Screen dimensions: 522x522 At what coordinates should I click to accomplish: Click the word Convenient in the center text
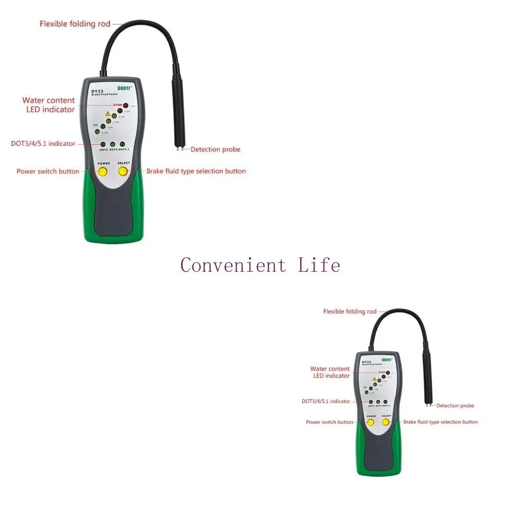[x=233, y=265]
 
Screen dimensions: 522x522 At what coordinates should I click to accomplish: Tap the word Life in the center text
[x=319, y=265]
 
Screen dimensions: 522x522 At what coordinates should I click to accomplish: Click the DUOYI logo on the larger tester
[x=124, y=88]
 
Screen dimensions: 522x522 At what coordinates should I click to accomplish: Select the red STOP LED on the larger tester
[x=125, y=106]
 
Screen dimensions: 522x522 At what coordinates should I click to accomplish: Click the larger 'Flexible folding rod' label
[x=75, y=24]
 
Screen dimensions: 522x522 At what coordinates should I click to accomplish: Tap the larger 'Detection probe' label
[x=215, y=149]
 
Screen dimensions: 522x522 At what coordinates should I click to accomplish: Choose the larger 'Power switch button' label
[x=48, y=171]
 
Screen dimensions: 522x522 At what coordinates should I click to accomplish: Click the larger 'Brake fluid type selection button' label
[x=196, y=171]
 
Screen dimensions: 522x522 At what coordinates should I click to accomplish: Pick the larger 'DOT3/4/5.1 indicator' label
[x=43, y=144]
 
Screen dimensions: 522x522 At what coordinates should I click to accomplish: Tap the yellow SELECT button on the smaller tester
[x=386, y=422]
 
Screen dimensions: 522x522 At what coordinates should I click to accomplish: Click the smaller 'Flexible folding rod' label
[x=350, y=311]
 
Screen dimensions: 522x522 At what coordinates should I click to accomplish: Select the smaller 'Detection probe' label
[x=455, y=406]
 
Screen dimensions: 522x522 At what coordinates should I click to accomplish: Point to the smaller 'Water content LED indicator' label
[x=330, y=372]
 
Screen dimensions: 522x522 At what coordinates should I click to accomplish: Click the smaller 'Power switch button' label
[x=329, y=422]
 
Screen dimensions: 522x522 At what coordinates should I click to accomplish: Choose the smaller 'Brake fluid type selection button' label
[x=440, y=422]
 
